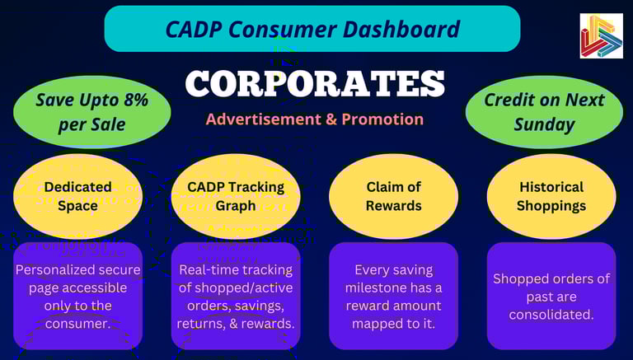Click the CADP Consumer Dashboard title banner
(x=312, y=29)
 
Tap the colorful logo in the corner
(x=601, y=36)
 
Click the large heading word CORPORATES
(x=315, y=83)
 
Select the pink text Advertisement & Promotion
(x=315, y=119)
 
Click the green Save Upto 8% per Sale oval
(x=92, y=112)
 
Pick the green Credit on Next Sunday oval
(x=544, y=112)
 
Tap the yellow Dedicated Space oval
(x=78, y=196)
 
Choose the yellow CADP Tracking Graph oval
(x=236, y=196)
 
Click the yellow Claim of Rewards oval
(x=394, y=196)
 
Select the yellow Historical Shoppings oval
(x=551, y=196)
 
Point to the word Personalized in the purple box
(x=51, y=270)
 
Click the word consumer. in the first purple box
(x=78, y=324)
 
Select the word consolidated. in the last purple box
(x=551, y=315)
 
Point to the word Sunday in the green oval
(x=544, y=124)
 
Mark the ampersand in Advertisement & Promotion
(x=332, y=119)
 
